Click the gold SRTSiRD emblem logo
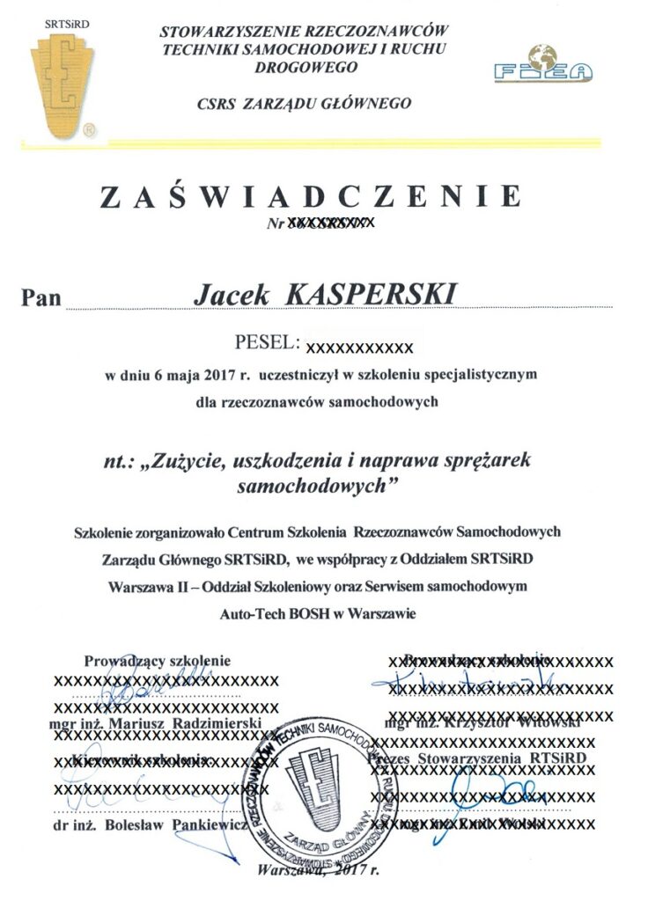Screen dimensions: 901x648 [x=63, y=84]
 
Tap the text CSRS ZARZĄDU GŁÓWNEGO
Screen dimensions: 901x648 [x=306, y=104]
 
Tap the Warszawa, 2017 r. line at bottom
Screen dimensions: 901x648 [x=319, y=872]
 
